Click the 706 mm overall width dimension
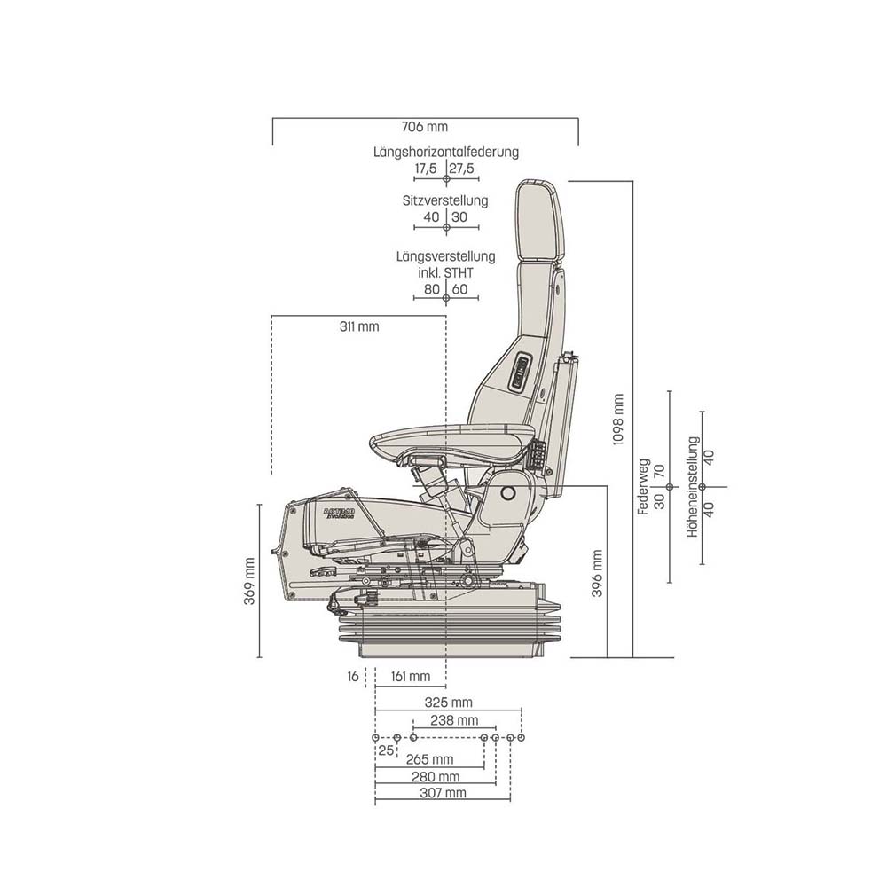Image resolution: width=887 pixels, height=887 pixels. coord(424,127)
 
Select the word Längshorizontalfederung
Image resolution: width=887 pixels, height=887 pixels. coord(446,152)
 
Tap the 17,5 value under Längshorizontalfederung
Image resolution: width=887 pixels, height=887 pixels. coord(426,168)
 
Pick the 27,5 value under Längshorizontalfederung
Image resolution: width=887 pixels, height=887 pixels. coord(461,168)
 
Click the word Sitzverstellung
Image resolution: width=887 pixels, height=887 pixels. coord(445,200)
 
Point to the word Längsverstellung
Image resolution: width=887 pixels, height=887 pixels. coord(445,256)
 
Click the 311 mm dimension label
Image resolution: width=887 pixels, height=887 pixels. coord(358,326)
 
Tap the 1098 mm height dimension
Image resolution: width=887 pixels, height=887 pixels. coord(620,419)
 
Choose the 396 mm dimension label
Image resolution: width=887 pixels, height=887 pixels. coord(597,572)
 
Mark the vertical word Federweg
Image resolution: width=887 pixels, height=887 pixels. coord(644,487)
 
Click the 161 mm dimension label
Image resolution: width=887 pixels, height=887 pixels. coord(410,677)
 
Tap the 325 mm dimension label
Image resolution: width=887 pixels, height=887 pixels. coord(450,702)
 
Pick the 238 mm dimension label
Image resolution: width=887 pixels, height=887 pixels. coord(453,719)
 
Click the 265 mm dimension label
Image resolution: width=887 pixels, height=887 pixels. coord(429,759)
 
